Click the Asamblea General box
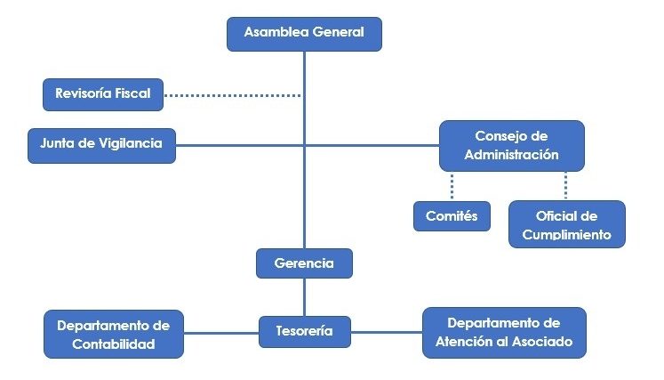click(304, 32)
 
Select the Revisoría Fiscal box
click(103, 93)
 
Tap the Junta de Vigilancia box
click(101, 144)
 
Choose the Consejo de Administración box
click(511, 145)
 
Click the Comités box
click(452, 216)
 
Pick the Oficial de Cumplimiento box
click(566, 225)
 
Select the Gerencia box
click(304, 263)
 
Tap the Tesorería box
click(304, 331)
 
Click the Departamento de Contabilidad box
click(113, 333)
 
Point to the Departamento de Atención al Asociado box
click(503, 332)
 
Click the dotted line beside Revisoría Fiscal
click(232, 93)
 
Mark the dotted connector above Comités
click(452, 186)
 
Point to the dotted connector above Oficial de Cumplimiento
click(565, 185)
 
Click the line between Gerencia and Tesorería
click(304, 297)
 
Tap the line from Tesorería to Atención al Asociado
click(386, 333)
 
